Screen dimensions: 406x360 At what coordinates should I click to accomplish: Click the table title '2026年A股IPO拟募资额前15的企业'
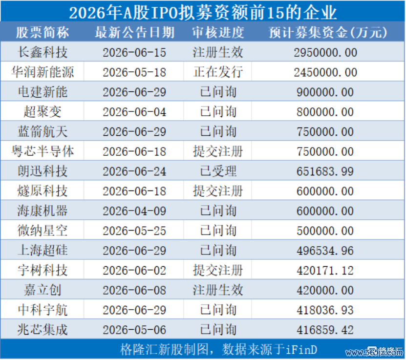(x=203, y=12)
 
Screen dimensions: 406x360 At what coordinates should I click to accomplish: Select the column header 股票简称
(x=42, y=32)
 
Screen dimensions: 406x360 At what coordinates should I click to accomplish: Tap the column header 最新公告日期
(x=134, y=32)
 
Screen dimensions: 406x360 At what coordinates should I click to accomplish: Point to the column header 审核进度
(x=218, y=32)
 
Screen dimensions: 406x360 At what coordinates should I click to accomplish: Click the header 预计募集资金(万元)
(x=328, y=32)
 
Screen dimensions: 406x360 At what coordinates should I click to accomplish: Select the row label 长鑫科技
(x=43, y=52)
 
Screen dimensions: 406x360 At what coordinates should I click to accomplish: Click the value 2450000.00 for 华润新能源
(x=325, y=72)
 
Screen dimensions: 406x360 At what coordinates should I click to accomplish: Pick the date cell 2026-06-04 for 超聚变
(x=134, y=112)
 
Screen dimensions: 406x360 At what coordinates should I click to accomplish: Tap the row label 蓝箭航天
(x=43, y=131)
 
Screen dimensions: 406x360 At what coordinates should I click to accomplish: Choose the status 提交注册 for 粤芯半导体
(x=218, y=151)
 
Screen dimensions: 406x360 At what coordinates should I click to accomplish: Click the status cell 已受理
(x=218, y=171)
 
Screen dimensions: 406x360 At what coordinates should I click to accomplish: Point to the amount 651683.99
(x=325, y=171)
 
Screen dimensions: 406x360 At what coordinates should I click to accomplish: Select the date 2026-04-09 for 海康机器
(x=134, y=211)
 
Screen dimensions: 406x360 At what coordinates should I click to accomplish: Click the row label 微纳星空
(x=43, y=231)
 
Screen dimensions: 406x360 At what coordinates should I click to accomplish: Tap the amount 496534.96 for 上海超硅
(x=325, y=251)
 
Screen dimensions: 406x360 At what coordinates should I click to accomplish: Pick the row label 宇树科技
(x=43, y=270)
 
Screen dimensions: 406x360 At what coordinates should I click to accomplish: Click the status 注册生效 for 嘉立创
(x=218, y=290)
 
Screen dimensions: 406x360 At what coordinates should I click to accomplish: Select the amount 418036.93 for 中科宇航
(x=325, y=310)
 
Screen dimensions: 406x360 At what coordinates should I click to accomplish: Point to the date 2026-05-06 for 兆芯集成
(x=134, y=330)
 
